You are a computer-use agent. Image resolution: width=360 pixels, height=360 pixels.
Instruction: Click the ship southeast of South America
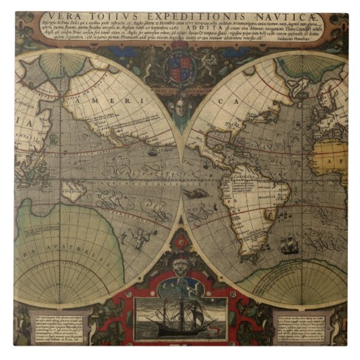pos(290,244)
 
